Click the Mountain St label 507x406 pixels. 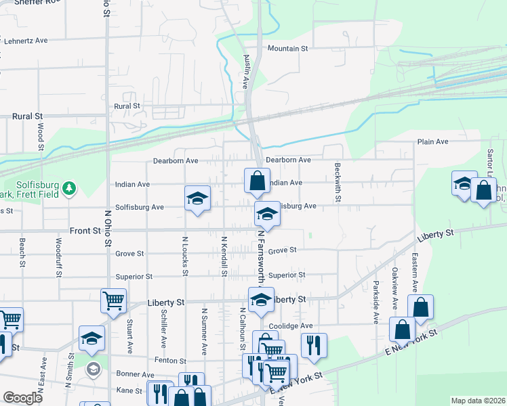tap(287, 49)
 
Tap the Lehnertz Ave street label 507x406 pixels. tap(26, 41)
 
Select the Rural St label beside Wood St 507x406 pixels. tap(27, 116)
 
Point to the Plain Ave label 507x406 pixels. tap(433, 142)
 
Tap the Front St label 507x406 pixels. tap(85, 231)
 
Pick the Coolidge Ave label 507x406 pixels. tap(289, 325)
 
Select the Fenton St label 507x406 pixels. tap(170, 361)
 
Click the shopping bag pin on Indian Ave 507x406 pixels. tap(256, 180)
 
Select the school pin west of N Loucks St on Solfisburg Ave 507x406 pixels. tap(197, 199)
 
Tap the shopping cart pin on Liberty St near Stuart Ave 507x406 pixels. tap(113, 300)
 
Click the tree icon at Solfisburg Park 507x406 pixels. tap(68, 187)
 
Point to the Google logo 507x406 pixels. tap(22, 398)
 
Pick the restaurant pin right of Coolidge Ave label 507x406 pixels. tap(313, 344)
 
